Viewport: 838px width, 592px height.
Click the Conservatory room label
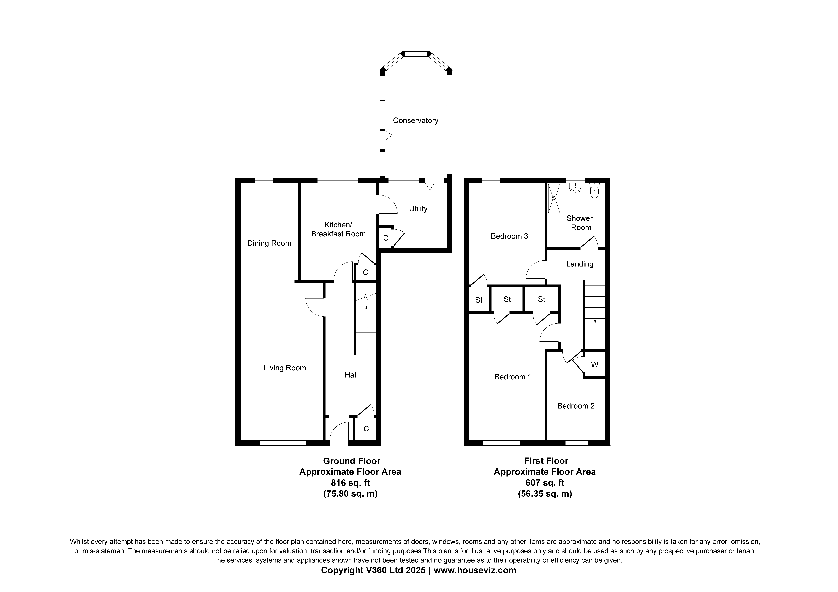pyautogui.click(x=415, y=120)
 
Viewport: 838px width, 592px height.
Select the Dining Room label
pyautogui.click(x=269, y=243)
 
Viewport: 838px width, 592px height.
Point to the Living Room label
pyautogui.click(x=285, y=368)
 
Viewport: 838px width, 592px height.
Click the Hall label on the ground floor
pyautogui.click(x=351, y=375)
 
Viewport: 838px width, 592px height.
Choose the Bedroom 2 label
pyautogui.click(x=576, y=406)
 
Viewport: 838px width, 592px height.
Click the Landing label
pyautogui.click(x=580, y=264)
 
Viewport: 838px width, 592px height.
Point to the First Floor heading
pyautogui.click(x=546, y=461)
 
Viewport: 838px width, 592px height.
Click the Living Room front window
pyautogui.click(x=283, y=443)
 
